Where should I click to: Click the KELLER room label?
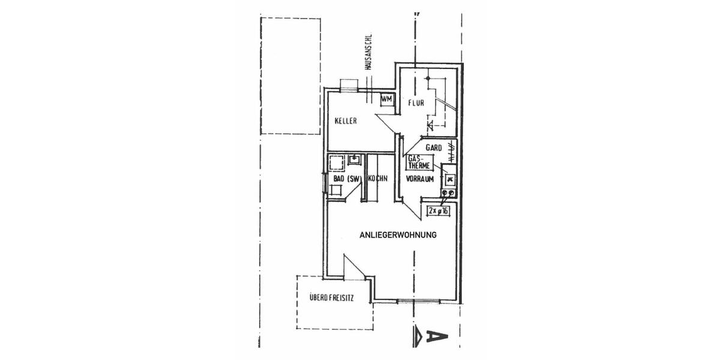point(346,121)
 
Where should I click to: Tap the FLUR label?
point(416,103)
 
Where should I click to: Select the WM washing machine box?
point(386,98)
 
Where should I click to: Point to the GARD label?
point(433,147)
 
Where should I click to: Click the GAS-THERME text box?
point(418,161)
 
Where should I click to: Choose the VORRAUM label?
point(419,179)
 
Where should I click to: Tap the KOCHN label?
point(377,179)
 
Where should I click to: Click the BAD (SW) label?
point(345,179)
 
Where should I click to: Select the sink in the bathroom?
point(353,160)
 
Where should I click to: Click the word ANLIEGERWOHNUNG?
point(397,235)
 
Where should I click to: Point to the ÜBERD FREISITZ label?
point(331,297)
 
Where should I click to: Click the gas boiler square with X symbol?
point(448,178)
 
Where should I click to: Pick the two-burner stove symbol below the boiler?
point(448,193)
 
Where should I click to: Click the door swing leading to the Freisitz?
point(354,267)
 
